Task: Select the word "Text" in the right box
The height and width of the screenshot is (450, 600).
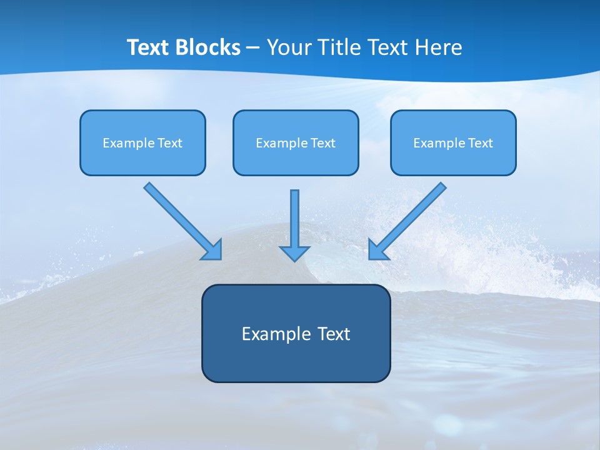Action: pos(481,143)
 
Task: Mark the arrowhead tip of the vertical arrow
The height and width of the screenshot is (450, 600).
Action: pos(295,259)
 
